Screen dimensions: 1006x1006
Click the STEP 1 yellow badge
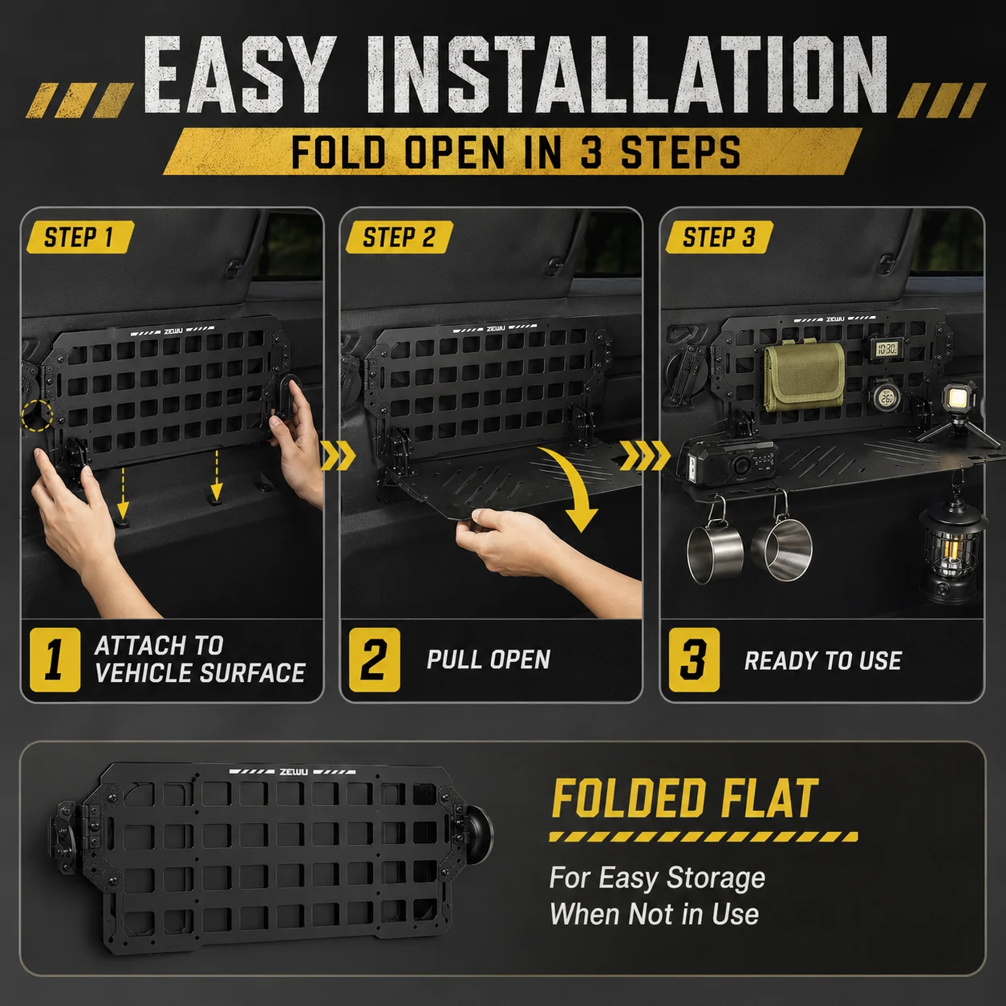pos(80,237)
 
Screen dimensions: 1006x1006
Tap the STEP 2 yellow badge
pos(400,237)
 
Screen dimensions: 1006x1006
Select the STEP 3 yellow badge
pos(719,237)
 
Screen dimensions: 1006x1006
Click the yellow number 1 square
pos(55,660)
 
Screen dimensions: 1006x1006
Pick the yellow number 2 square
pos(375,660)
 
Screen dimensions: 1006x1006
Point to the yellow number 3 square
pos(694,660)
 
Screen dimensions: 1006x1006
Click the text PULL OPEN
pos(489,659)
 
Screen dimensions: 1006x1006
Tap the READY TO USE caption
pos(823,660)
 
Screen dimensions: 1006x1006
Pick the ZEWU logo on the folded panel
pos(294,772)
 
